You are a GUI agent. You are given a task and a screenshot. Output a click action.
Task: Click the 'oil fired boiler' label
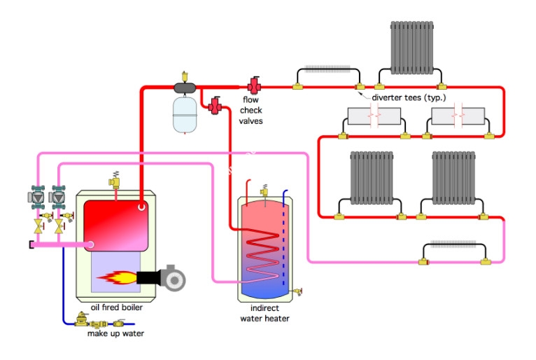[x=117, y=307]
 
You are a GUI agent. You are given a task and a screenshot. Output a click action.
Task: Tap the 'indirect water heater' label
[x=265, y=313]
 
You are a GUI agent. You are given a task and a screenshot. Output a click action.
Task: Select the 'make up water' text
[x=115, y=333]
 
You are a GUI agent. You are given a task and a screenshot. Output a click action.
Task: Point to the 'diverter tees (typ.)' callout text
[x=409, y=97]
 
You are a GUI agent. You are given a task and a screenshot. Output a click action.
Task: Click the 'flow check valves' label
[x=251, y=110]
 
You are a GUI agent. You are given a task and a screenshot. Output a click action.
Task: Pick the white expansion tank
[x=185, y=115]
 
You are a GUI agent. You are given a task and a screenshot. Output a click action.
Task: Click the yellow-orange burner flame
[x=117, y=277]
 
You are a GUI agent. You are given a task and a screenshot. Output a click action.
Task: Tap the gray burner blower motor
[x=173, y=278]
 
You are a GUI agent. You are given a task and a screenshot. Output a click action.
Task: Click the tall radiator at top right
[x=412, y=48]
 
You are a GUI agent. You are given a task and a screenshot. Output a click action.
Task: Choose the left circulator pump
[x=38, y=198]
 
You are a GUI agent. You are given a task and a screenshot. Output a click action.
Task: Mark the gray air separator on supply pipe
[x=185, y=88]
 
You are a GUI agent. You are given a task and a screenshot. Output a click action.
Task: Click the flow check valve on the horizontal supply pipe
[x=254, y=85]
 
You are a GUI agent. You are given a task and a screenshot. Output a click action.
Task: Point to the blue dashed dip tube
[x=283, y=246]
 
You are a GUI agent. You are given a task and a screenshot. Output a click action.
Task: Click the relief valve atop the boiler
[x=115, y=180]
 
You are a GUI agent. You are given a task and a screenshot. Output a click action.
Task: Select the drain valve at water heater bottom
[x=298, y=291]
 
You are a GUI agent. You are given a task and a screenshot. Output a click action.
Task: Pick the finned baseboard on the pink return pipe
[x=454, y=244]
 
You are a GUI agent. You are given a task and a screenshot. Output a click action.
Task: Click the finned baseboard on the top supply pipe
[x=327, y=69]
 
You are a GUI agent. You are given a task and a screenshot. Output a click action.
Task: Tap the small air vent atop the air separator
[x=185, y=76]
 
